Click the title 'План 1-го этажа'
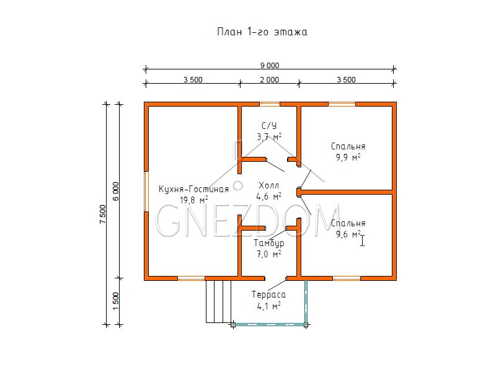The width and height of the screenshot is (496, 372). (x=262, y=32)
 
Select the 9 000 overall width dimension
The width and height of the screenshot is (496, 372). (x=270, y=66)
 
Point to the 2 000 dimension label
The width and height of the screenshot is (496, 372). (x=270, y=80)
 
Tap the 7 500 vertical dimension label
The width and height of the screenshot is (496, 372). (x=103, y=214)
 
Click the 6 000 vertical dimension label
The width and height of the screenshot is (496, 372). (x=116, y=191)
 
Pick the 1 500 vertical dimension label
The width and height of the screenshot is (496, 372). (x=116, y=301)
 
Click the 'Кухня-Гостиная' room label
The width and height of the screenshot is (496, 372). (x=193, y=189)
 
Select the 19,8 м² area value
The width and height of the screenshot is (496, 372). (x=194, y=200)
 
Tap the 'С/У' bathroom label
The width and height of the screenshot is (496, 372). (x=269, y=126)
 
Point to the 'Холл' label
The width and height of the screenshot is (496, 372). (x=269, y=185)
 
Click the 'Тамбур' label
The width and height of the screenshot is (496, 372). (x=269, y=243)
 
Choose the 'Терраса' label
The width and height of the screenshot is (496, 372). (x=269, y=294)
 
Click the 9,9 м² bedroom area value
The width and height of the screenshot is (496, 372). (x=348, y=157)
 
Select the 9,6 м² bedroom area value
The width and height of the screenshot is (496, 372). (x=348, y=234)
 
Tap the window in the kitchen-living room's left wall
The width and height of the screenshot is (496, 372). (x=146, y=192)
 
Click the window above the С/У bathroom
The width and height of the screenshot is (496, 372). (x=270, y=104)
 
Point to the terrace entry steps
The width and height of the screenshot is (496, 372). (x=219, y=301)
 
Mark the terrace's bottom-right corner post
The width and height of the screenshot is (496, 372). (x=306, y=324)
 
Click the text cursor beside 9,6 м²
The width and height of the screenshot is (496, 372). (x=363, y=240)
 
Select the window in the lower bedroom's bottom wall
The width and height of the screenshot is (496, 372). (x=347, y=278)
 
